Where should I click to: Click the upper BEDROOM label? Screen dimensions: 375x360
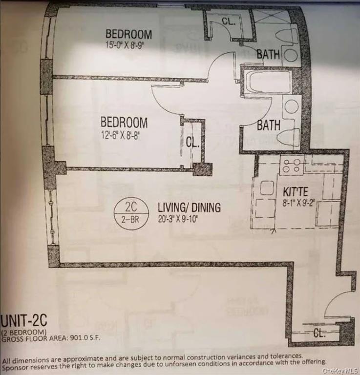click(x=128, y=35)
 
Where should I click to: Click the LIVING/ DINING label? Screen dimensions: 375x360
click(x=189, y=208)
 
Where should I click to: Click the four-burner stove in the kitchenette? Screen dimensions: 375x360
click(x=291, y=167)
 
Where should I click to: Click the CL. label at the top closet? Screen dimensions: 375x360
click(x=229, y=22)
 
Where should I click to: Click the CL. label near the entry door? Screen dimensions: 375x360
click(x=320, y=333)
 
